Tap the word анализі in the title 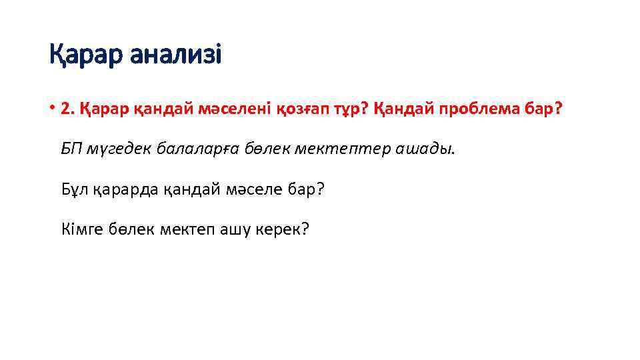click(x=175, y=55)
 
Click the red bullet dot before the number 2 click(x=52, y=108)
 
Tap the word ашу click(x=229, y=230)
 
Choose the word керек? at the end click(x=280, y=230)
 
